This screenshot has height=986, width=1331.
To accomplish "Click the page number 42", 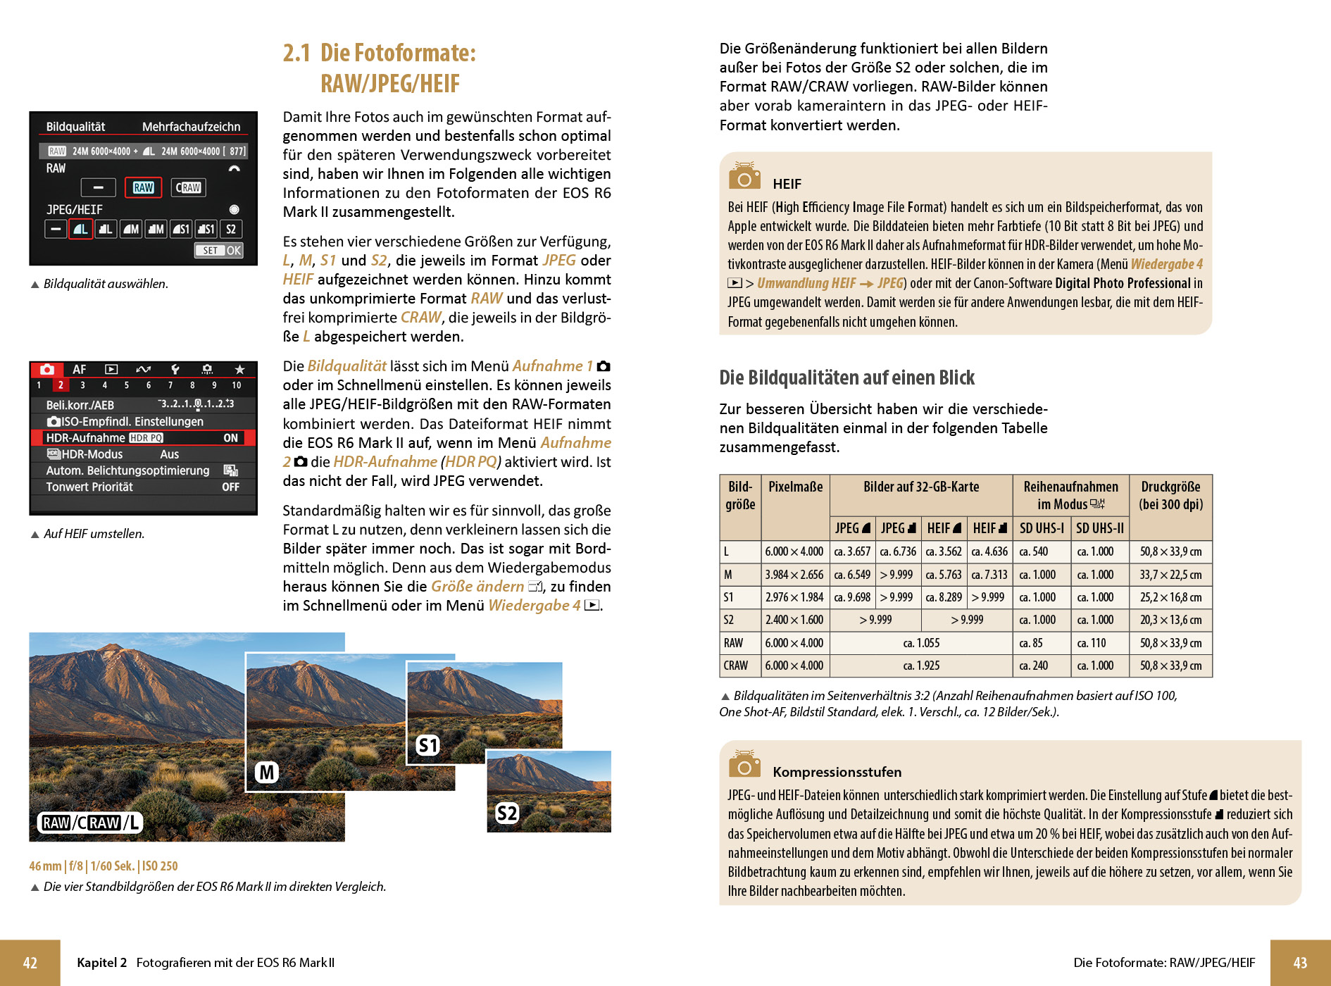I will click(30, 963).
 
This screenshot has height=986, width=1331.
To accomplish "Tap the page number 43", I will click(1300, 963).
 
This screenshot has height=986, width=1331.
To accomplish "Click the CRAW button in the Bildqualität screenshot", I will click(188, 187).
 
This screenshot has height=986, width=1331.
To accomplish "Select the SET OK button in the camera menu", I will click(219, 250).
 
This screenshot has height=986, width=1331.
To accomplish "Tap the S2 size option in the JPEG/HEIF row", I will click(231, 229).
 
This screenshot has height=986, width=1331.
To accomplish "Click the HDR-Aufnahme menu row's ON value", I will click(231, 438).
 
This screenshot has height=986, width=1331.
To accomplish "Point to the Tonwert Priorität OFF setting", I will click(231, 487).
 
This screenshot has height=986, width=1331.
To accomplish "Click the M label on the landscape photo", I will click(267, 773).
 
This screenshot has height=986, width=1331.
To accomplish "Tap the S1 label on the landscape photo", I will click(427, 745).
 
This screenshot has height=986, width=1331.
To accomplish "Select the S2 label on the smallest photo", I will click(507, 813).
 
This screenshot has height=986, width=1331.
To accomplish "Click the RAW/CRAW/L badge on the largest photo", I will click(89, 823).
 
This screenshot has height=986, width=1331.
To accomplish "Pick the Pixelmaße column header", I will click(795, 487).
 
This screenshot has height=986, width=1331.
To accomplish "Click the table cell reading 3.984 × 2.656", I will click(794, 575).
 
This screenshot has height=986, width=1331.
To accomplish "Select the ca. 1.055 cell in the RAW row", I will click(921, 643).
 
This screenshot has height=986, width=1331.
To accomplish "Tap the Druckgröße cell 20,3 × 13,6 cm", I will click(1170, 620).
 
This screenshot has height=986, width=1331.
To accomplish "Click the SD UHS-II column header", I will click(1100, 528).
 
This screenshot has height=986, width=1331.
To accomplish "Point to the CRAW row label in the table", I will click(736, 666).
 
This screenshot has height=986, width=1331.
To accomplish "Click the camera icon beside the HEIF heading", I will click(744, 177).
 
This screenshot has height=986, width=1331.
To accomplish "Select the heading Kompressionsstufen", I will click(837, 772).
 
